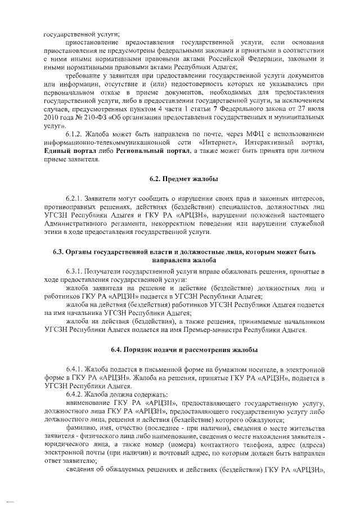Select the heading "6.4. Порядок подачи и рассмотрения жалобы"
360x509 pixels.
pyautogui.click(x=184, y=350)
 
